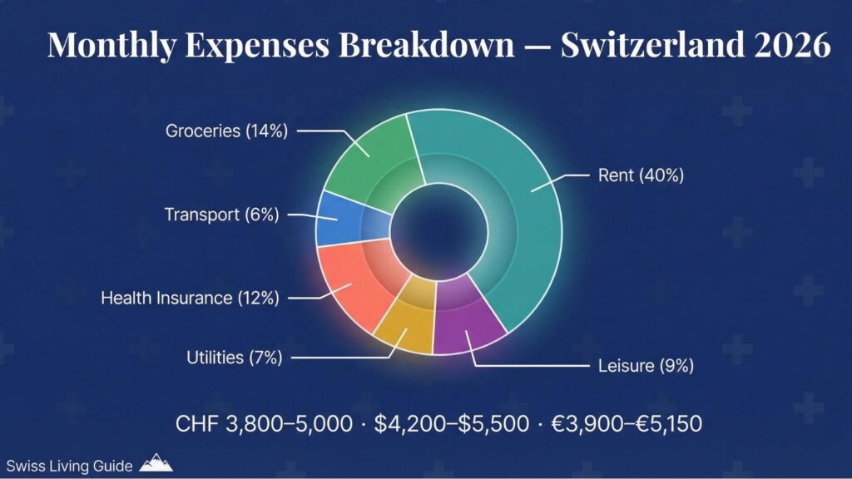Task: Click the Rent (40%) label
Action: [x=641, y=176]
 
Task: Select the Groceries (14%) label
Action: [x=226, y=131]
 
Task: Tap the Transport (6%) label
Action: [x=221, y=215]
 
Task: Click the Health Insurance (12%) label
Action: [x=189, y=297]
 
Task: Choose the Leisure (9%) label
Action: [x=646, y=365]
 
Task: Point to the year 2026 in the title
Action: [x=790, y=46]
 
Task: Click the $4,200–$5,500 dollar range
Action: [x=451, y=423]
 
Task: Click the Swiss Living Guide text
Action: [x=69, y=466]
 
